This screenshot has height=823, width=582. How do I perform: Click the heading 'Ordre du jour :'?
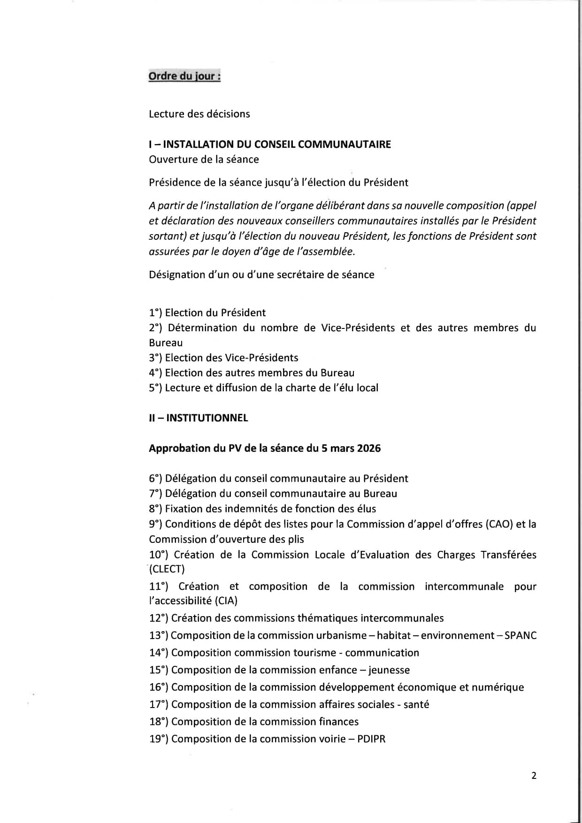(x=184, y=76)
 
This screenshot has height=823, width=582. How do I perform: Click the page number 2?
(x=534, y=776)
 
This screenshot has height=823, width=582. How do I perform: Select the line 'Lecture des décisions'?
(x=199, y=114)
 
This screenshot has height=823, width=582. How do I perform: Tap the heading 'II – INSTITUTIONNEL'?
(x=198, y=418)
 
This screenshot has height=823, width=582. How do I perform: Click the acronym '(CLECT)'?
(x=167, y=569)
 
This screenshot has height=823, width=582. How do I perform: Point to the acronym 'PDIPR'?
(x=371, y=739)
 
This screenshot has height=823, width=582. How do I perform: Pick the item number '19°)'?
(x=159, y=739)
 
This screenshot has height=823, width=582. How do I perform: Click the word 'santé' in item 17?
(x=416, y=704)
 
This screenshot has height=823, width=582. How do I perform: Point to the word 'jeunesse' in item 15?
(x=389, y=670)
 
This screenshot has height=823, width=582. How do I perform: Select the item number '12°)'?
(x=159, y=618)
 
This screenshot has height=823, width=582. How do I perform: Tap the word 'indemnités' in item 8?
(x=249, y=509)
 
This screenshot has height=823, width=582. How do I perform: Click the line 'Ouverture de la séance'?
(x=204, y=160)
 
